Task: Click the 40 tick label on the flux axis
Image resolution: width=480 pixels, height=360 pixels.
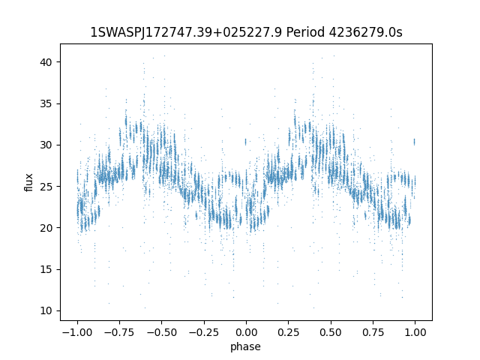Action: [x=46, y=62]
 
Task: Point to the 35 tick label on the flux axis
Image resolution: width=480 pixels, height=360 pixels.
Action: [x=46, y=103]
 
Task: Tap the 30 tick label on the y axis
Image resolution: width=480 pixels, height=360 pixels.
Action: [x=46, y=145]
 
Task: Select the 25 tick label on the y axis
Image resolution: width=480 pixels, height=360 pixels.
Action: [x=46, y=187]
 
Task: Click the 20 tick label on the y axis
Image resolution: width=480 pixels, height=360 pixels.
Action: [x=46, y=228]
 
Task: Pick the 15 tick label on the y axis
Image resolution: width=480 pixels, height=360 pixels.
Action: [x=46, y=269]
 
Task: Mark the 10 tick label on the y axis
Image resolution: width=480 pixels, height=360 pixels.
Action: [x=46, y=310]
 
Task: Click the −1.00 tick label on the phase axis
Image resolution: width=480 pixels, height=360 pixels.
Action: [x=77, y=332]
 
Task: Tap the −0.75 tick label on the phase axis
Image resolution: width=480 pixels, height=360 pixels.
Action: [x=119, y=332]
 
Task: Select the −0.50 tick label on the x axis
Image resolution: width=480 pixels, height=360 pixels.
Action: [x=162, y=332]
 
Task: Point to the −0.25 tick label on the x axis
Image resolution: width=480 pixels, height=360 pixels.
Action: [x=204, y=332]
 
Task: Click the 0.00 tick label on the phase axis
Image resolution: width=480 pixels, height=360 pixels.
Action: [x=246, y=332]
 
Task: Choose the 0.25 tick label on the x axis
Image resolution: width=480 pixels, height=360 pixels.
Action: [x=288, y=332]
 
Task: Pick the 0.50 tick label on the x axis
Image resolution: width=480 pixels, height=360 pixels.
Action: [x=331, y=332]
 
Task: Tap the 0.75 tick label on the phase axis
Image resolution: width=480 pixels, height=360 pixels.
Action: [x=373, y=332]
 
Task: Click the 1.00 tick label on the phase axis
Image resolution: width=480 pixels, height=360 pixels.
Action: [x=415, y=332]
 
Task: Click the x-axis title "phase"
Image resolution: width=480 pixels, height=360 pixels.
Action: [x=245, y=346]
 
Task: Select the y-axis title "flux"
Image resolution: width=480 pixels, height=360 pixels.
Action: [x=28, y=182]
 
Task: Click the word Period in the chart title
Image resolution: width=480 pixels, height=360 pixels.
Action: [x=305, y=32]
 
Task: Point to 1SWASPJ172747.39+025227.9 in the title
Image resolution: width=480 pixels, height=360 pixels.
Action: [x=186, y=32]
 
